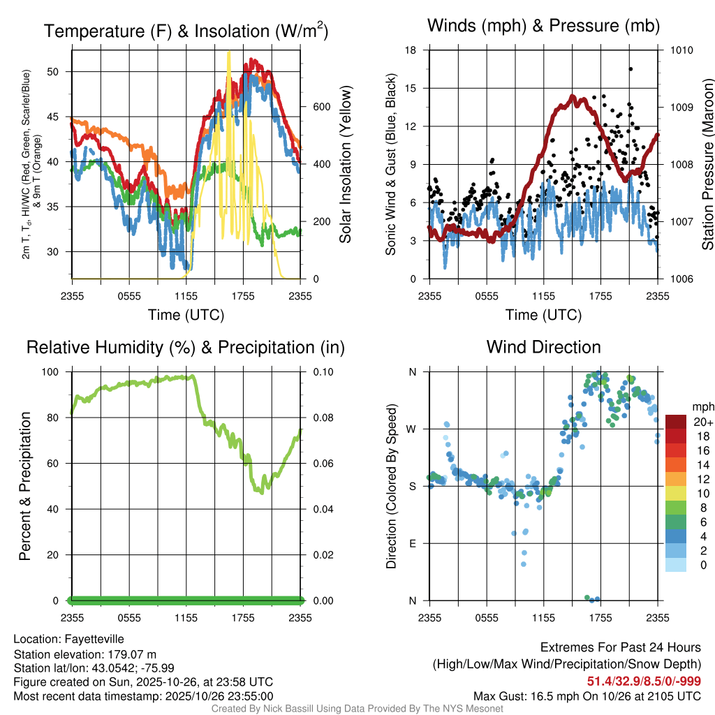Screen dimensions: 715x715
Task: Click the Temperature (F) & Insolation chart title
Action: click(x=186, y=31)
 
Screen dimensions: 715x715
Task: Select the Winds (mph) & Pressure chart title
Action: click(x=543, y=26)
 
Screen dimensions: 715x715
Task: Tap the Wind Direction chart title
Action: click(x=543, y=347)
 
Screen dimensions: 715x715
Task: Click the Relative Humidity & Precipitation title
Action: click(x=186, y=347)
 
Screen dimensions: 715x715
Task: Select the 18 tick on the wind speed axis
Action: click(x=411, y=50)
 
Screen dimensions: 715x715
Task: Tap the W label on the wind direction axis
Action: click(x=412, y=429)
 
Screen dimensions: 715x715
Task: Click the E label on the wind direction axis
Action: click(x=413, y=543)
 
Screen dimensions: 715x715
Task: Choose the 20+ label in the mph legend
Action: click(x=702, y=422)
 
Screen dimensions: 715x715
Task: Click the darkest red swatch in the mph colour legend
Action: click(x=676, y=422)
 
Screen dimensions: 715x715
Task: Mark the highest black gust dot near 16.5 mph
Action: click(x=630, y=69)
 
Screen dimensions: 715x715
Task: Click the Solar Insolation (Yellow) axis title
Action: click(x=346, y=164)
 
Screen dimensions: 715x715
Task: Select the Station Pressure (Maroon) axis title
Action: click(x=707, y=164)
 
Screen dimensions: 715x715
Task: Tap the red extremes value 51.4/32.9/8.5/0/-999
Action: click(x=644, y=681)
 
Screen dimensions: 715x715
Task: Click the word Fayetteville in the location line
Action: click(x=95, y=639)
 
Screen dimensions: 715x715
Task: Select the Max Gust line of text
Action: click(x=587, y=695)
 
